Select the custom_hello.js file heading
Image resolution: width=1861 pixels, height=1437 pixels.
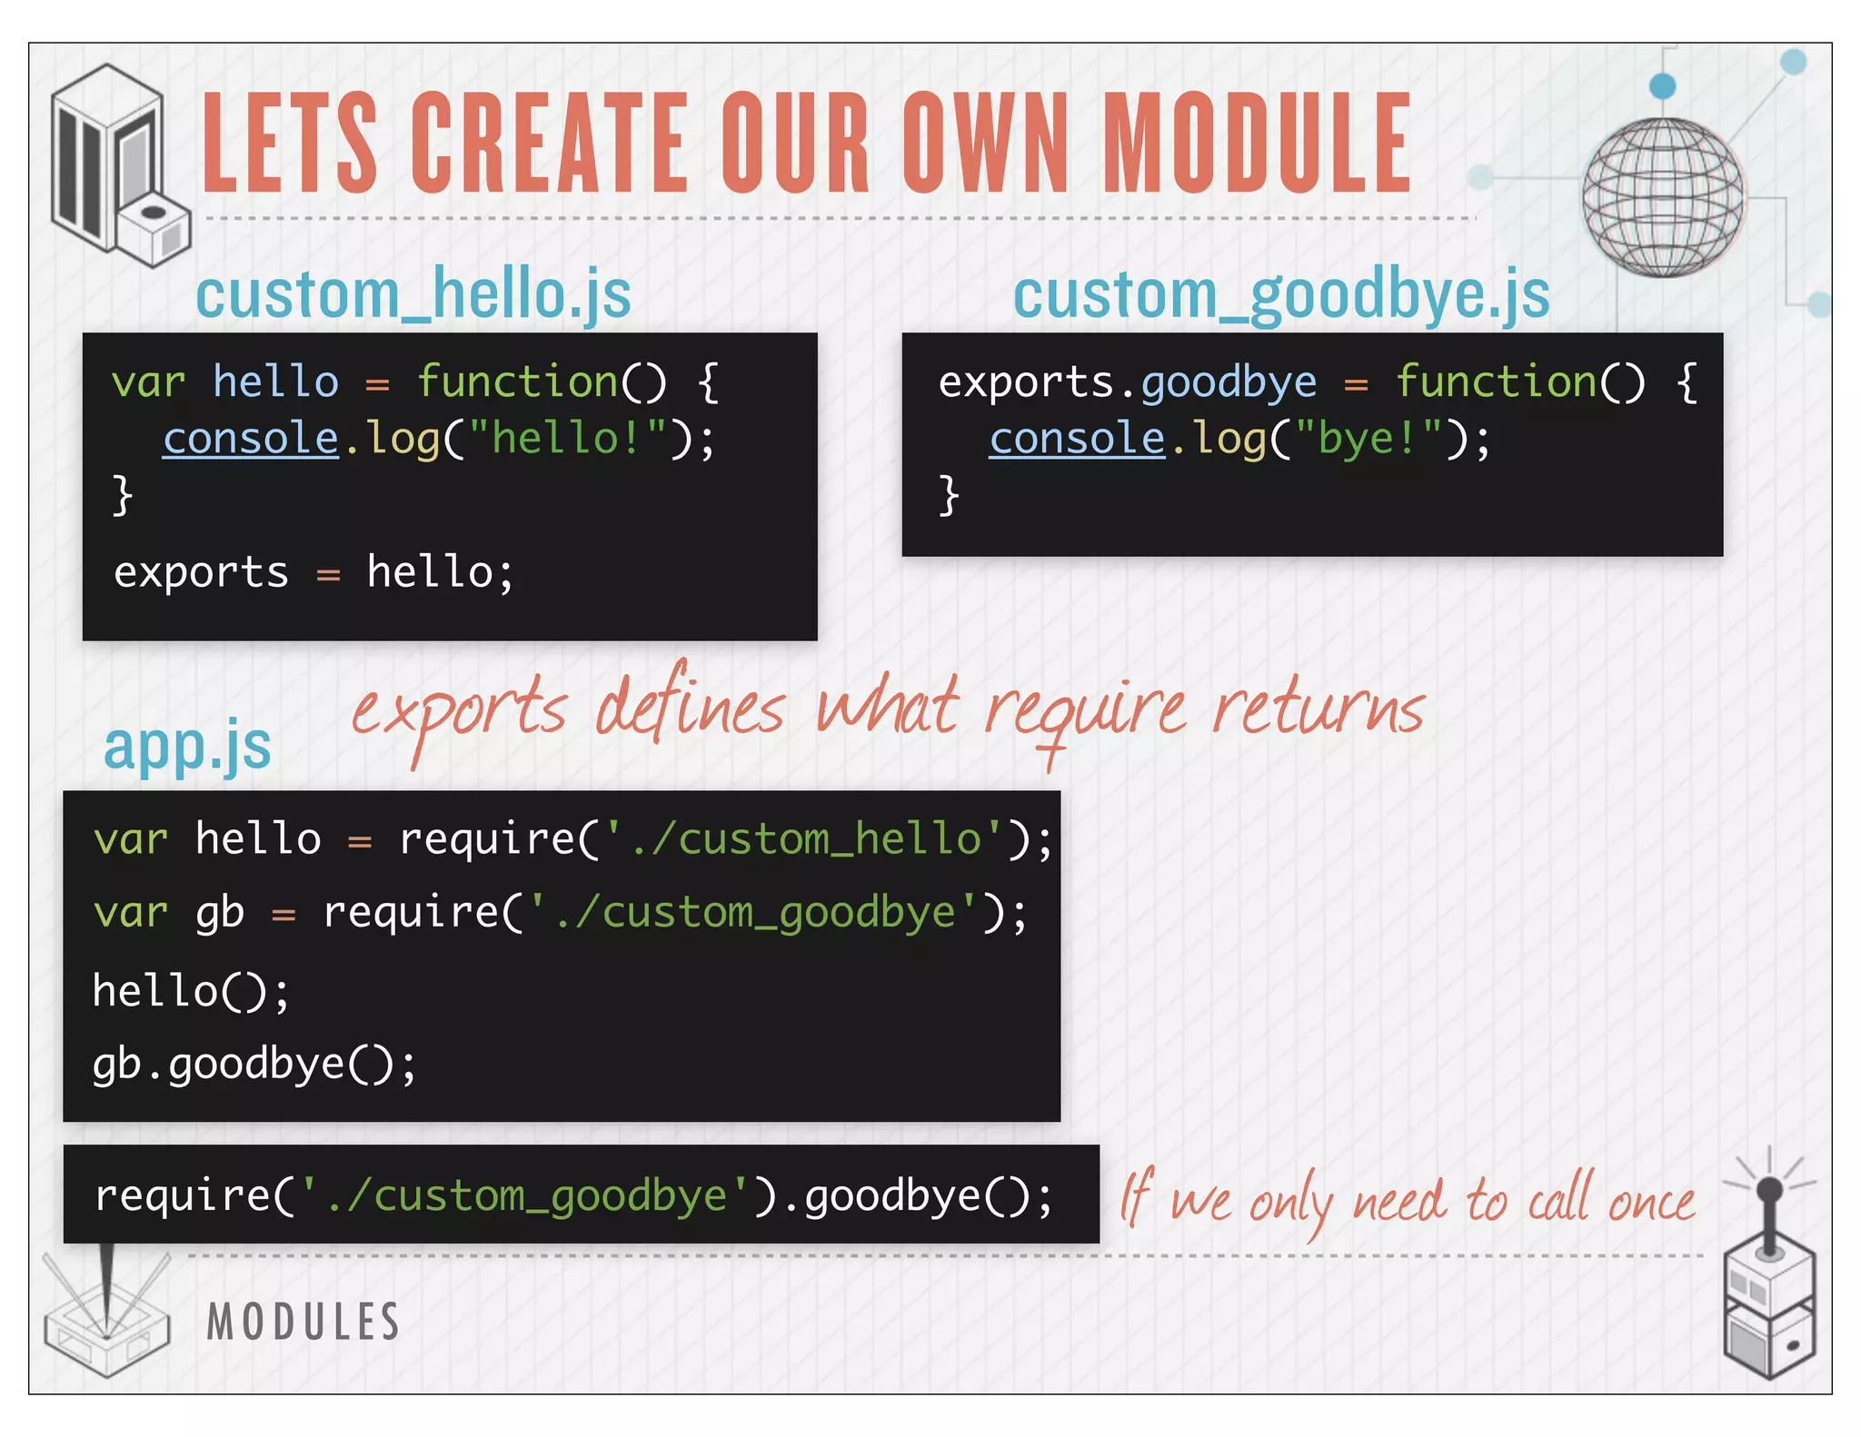tap(413, 294)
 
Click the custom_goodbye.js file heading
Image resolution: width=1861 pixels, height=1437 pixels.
tap(1281, 294)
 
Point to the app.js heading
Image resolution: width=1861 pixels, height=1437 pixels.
tap(187, 747)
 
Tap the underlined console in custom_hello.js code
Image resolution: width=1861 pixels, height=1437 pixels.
tap(251, 439)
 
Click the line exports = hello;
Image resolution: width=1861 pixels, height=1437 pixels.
tap(313, 573)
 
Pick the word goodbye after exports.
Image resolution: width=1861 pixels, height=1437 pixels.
tap(1229, 382)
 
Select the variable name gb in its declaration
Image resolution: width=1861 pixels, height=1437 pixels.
tap(220, 913)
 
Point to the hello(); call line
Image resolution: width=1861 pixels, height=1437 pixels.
tap(191, 991)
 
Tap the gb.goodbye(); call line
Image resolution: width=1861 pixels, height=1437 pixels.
tap(254, 1065)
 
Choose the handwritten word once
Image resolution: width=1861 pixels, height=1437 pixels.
tap(1651, 1202)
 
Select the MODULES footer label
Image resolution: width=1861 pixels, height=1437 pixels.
tap(304, 1322)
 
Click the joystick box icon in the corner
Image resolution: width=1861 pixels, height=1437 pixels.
tap(1768, 1290)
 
